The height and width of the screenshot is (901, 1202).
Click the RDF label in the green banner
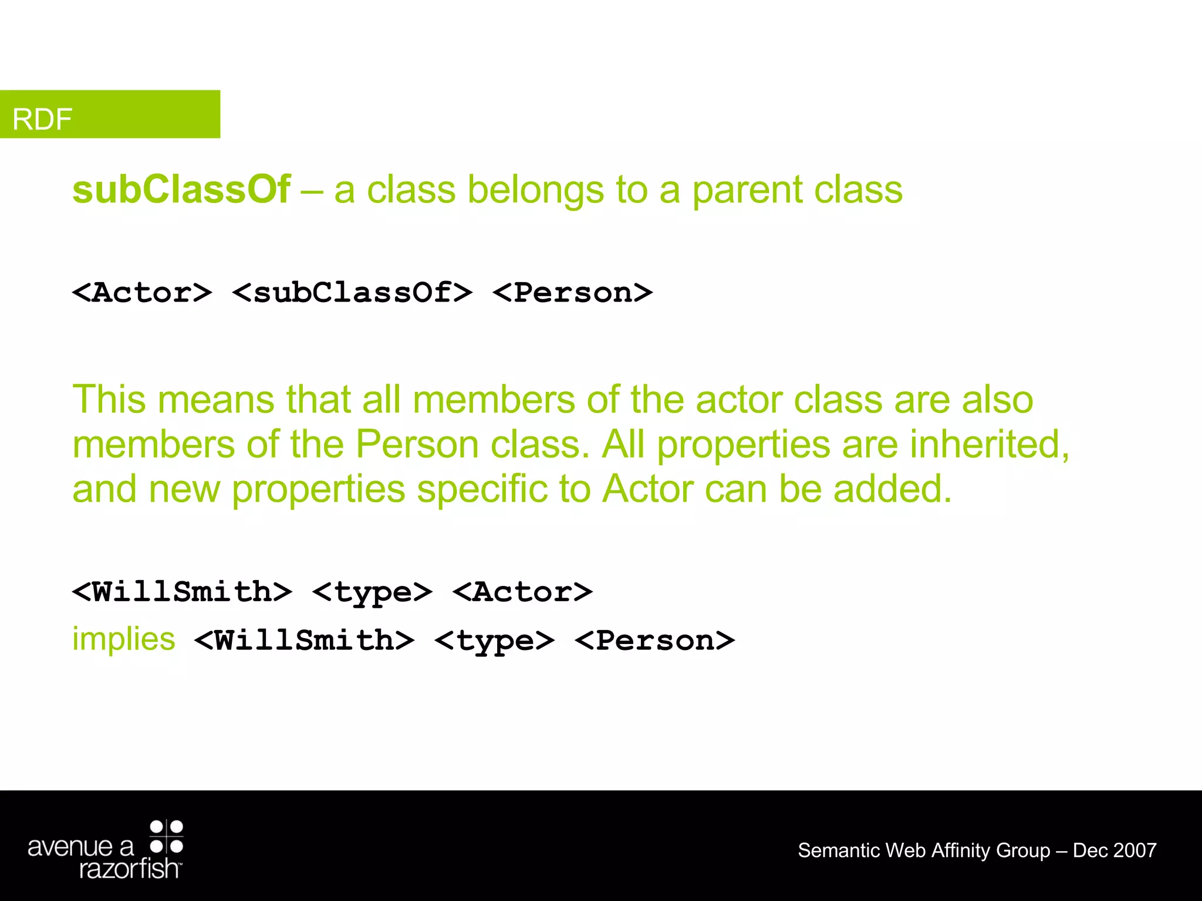point(42,119)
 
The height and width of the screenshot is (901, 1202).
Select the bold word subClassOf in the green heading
point(181,190)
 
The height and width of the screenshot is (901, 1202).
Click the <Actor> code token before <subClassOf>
point(141,292)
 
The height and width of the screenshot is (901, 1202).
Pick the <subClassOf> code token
point(352,292)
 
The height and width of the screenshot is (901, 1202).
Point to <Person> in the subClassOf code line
point(572,292)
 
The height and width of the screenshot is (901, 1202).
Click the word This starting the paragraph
point(109,399)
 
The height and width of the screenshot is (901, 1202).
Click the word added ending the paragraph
point(892,489)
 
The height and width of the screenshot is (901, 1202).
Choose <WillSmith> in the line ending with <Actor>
point(182,591)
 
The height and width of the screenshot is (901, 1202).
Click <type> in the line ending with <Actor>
point(372,592)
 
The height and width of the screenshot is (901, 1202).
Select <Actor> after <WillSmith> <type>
point(522,591)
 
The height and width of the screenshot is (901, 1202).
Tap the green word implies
point(123,639)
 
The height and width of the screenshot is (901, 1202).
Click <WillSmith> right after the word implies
point(304,640)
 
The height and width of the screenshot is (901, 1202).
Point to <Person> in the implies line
point(654,640)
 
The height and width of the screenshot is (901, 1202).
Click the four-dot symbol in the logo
point(167,836)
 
